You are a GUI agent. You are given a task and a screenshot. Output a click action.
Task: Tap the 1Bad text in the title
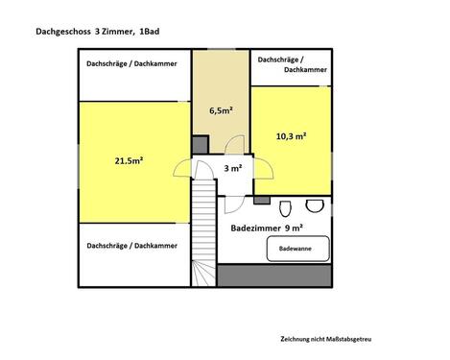150,33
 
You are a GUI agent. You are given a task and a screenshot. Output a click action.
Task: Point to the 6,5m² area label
221,110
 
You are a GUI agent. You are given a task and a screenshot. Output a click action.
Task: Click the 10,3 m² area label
290,137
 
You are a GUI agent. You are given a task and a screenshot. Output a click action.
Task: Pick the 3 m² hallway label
232,168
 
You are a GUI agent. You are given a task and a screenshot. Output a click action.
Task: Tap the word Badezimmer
256,228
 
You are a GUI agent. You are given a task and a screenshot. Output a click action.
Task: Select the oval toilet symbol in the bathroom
285,208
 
